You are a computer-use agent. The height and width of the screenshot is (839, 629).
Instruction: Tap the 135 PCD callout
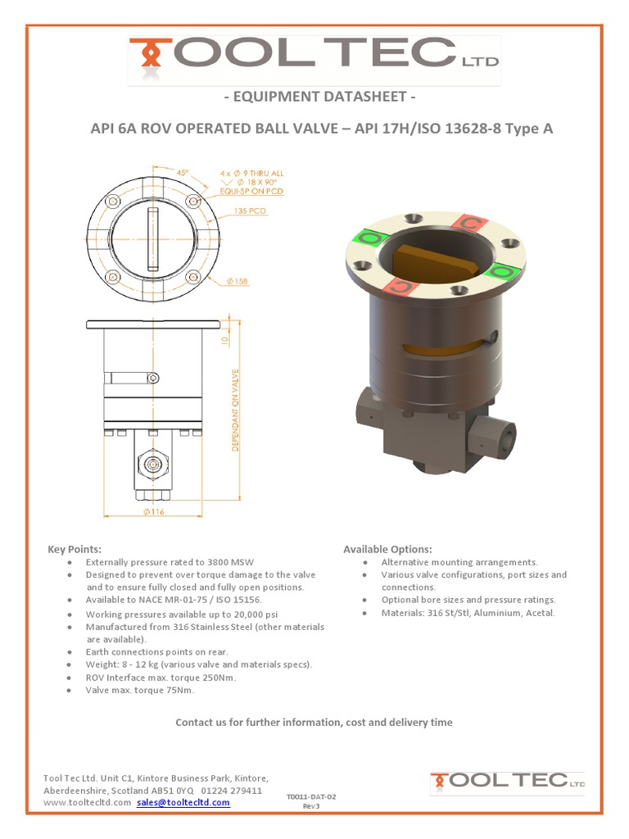coord(251,211)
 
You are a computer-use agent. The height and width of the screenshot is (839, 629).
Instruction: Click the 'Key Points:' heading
coord(75,549)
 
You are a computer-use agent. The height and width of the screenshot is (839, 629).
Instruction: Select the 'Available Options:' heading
coord(387,549)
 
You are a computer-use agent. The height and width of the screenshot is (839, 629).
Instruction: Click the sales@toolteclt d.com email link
coord(183,802)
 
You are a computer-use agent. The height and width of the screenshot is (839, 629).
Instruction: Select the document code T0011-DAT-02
coord(311,796)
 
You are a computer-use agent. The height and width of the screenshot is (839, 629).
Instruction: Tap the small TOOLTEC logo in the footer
coord(508,782)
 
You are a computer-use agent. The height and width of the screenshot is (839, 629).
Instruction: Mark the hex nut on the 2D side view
coord(151,465)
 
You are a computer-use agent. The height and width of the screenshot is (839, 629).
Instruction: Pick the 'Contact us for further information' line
coord(314,722)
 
